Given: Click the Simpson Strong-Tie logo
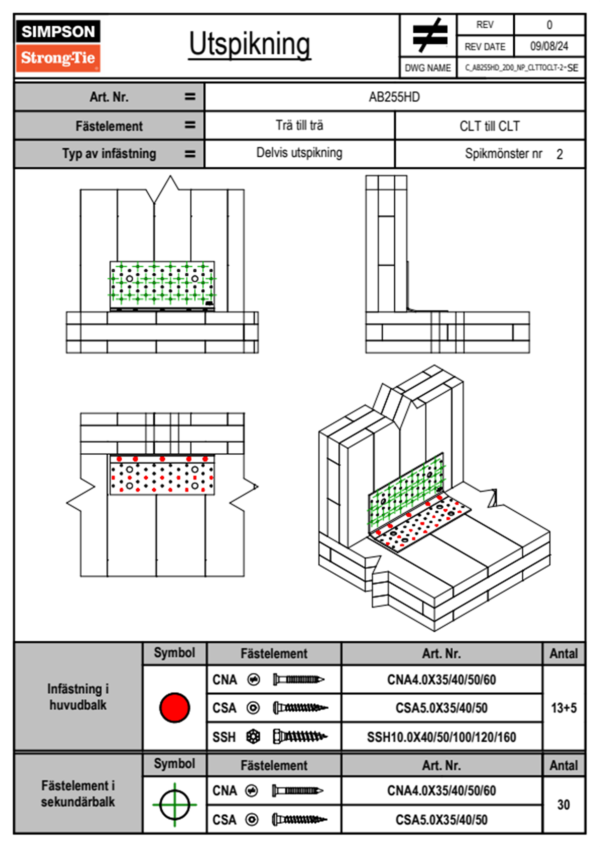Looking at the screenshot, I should tap(58, 46).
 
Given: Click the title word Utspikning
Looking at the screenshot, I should tap(250, 44).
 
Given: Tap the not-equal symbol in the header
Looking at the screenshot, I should tap(429, 35).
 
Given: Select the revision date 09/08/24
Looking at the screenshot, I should tap(549, 46).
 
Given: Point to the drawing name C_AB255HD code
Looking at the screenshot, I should tap(521, 68).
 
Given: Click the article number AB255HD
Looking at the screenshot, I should tap(394, 97).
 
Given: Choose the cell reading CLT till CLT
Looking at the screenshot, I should tap(489, 126).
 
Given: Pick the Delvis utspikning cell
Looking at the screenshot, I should tap(299, 153).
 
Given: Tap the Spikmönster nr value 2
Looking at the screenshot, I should tap(559, 154).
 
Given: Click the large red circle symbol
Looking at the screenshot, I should tap(174, 707).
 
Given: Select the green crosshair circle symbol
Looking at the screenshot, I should tap(174, 805).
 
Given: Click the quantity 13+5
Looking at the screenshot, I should tap(563, 708).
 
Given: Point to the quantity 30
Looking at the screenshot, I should tap(563, 805).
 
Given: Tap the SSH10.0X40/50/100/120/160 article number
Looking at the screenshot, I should tap(441, 737).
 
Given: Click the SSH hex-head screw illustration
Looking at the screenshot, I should tap(299, 737).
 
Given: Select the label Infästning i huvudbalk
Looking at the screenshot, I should tap(78, 697).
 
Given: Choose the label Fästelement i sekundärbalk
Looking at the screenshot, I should tap(78, 794).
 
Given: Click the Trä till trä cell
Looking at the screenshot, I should tap(299, 126).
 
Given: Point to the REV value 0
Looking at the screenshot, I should tap(549, 25).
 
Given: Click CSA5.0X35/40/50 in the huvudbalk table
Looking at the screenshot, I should tap(441, 708).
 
